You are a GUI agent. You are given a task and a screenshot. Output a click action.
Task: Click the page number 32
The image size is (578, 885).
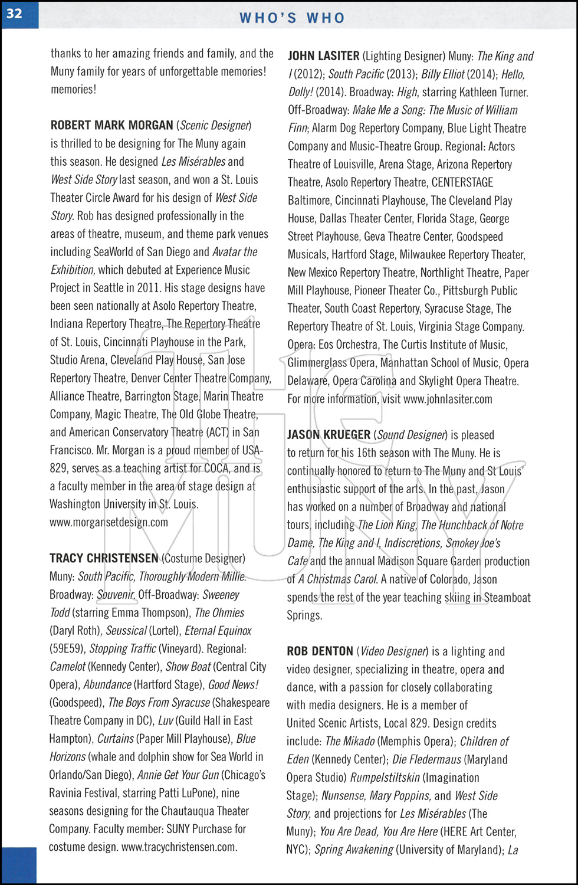pos(15,13)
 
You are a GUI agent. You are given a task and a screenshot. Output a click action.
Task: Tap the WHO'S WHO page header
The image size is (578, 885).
pos(292,18)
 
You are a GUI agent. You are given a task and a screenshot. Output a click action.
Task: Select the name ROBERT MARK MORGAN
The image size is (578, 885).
pos(111,125)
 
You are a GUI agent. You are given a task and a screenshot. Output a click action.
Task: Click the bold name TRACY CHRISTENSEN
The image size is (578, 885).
pos(104,558)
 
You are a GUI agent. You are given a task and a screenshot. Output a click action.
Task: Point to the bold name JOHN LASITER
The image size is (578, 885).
pos(323,56)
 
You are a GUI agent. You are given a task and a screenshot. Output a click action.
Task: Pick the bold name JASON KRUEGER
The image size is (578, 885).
pos(329,435)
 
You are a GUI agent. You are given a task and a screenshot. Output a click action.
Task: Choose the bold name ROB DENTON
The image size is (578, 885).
pos(320,651)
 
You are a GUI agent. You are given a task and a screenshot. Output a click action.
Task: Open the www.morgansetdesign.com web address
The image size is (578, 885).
pos(109,522)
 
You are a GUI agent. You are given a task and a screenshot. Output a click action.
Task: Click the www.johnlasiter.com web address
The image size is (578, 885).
pos(448,399)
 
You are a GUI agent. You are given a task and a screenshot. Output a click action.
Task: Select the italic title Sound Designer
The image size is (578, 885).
pos(410,435)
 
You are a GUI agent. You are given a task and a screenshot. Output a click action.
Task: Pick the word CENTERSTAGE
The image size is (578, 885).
pos(462,182)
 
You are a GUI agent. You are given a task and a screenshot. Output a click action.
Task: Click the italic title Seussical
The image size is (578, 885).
pos(126,631)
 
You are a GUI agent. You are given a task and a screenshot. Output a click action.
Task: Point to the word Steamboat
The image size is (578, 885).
pos(507,597)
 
